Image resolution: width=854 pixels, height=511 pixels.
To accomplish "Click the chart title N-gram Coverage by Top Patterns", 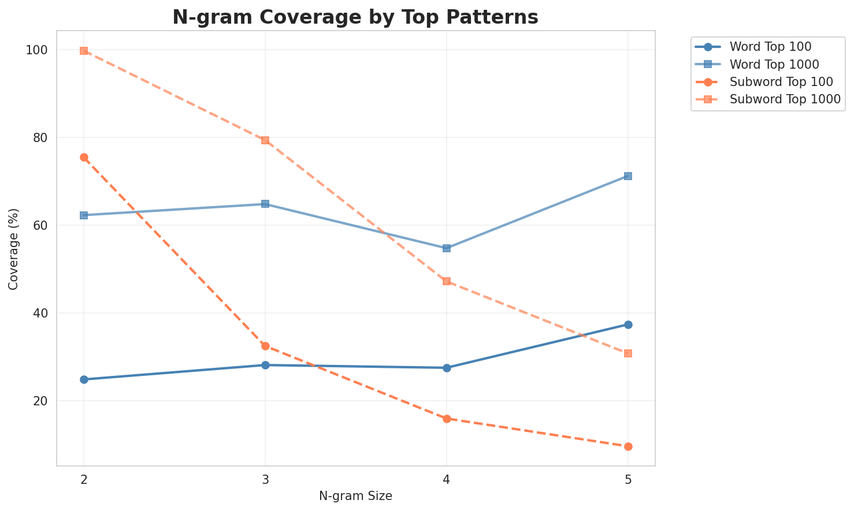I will tap(355, 17).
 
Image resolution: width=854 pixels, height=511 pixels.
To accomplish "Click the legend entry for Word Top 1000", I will tap(775, 64).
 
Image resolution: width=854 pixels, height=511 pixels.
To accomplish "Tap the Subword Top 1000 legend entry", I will tap(785, 99).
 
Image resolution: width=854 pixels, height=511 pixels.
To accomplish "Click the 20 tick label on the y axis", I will tap(42, 401).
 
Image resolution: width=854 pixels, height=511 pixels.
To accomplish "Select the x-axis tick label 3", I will tap(265, 479).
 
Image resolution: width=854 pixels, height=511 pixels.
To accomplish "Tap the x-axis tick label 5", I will tap(628, 479).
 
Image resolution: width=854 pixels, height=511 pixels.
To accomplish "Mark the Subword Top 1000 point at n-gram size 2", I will tap(84, 51).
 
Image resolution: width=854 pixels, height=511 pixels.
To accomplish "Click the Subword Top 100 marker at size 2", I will tap(84, 157).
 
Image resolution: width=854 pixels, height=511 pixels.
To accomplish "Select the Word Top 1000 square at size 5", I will tap(628, 176).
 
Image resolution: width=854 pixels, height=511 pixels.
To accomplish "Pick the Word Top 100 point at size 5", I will tap(628, 324).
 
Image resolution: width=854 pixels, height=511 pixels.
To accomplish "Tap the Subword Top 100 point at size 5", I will tap(628, 446).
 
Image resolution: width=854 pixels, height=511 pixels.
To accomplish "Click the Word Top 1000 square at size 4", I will tap(447, 248).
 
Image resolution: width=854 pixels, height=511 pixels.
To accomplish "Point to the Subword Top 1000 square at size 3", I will tap(265, 140).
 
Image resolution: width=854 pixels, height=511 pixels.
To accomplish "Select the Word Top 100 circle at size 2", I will tap(84, 379).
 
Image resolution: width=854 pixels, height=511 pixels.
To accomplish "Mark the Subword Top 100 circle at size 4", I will tap(447, 419).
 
